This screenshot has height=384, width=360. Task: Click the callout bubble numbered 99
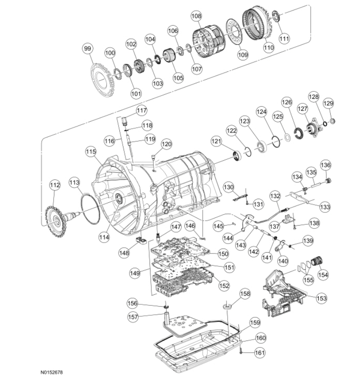tap(87, 48)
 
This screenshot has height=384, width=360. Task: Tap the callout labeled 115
tap(91, 151)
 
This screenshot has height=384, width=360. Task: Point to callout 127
tap(302, 109)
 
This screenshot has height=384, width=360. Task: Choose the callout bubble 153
tap(322, 298)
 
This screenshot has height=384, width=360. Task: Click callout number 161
tap(259, 353)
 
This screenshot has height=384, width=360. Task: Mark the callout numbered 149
tap(134, 273)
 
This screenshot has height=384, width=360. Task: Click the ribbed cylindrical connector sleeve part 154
tap(316, 261)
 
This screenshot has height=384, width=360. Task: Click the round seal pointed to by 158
tap(226, 305)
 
